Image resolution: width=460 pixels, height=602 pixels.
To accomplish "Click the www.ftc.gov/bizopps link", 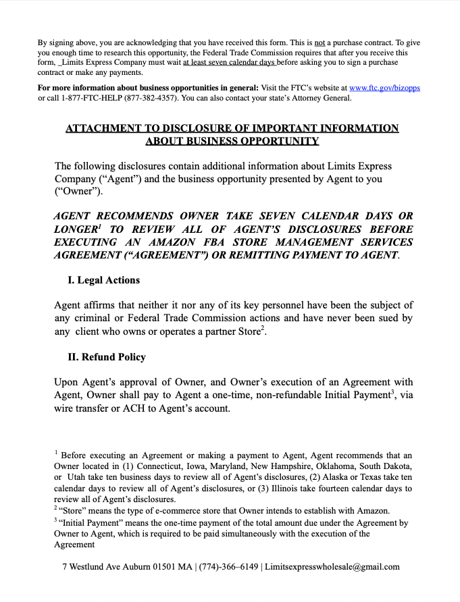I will [x=384, y=88].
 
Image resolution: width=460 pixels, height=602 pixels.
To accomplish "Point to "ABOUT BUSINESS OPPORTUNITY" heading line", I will [x=232, y=141].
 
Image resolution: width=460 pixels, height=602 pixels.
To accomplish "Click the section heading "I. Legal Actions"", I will [x=104, y=280].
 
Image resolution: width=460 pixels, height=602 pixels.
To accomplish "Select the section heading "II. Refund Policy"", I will [x=107, y=357].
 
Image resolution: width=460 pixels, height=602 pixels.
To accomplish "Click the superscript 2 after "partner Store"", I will [x=263, y=328].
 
